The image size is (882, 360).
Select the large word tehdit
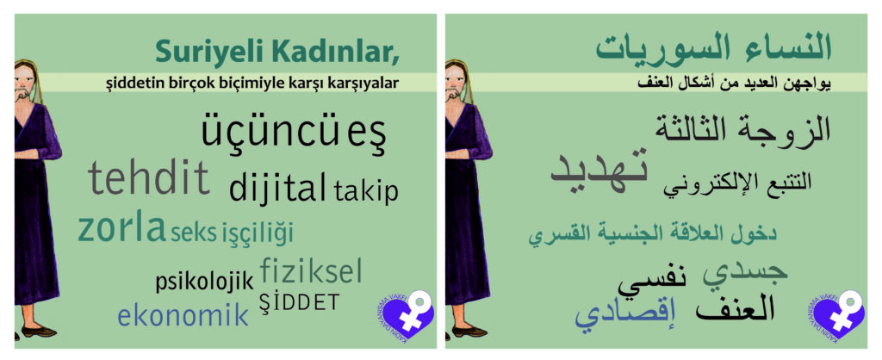click(149, 177)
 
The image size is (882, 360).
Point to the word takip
click(365, 190)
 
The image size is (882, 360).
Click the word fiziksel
click(311, 270)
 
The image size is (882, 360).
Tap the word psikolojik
click(205, 282)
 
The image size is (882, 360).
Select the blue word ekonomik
click(183, 314)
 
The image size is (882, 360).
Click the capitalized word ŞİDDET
click(299, 302)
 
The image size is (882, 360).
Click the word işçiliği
click(258, 233)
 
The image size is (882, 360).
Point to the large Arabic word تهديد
click(599, 170)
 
